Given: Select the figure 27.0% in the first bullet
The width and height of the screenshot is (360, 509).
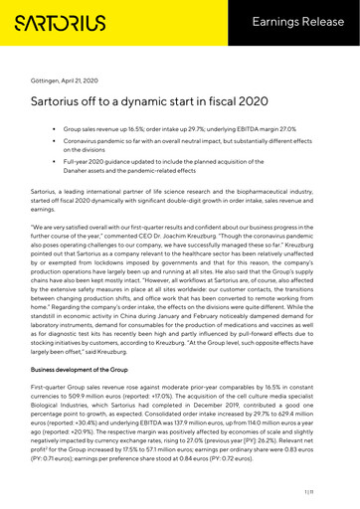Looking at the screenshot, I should [x=306, y=130].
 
